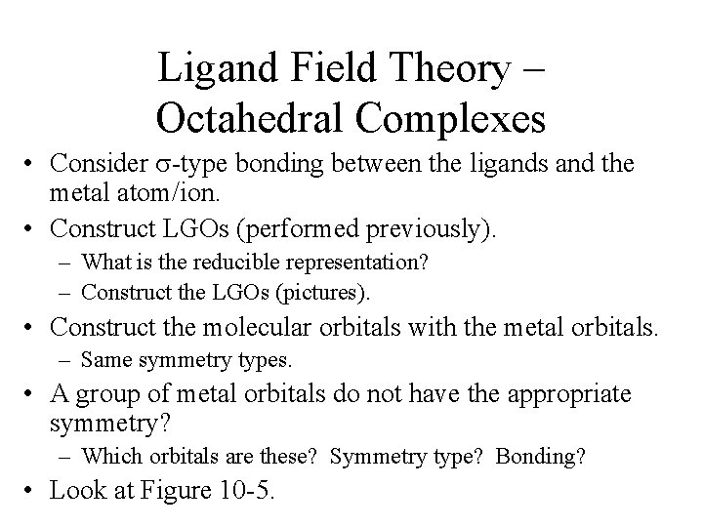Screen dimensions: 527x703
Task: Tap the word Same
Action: (103, 359)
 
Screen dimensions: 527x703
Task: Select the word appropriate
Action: (559, 393)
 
